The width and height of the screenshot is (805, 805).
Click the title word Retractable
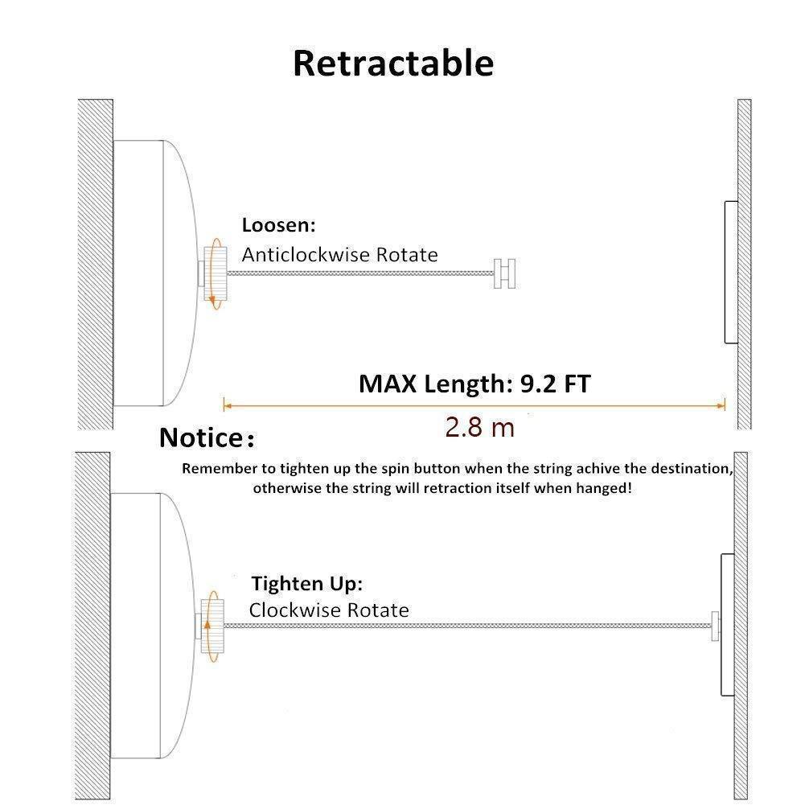point(393,64)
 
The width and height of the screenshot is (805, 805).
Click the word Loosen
point(276,225)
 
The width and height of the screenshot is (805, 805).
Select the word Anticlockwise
point(306,255)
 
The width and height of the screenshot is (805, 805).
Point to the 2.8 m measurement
point(479,427)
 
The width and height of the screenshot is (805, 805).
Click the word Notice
point(201,438)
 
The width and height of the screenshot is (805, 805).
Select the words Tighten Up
point(307,583)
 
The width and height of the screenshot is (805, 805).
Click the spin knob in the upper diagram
point(215,273)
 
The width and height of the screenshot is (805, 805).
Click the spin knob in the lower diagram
point(212,626)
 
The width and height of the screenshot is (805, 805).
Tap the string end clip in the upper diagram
point(505,273)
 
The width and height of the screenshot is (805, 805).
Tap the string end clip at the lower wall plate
point(715,626)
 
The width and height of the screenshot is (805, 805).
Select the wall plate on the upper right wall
point(731,272)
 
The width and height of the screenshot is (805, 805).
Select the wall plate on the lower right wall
point(728,625)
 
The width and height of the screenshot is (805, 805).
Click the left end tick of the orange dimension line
point(224,405)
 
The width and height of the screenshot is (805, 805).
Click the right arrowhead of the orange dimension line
point(721,405)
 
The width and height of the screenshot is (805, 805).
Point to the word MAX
point(387,384)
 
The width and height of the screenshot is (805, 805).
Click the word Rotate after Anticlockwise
point(407,255)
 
